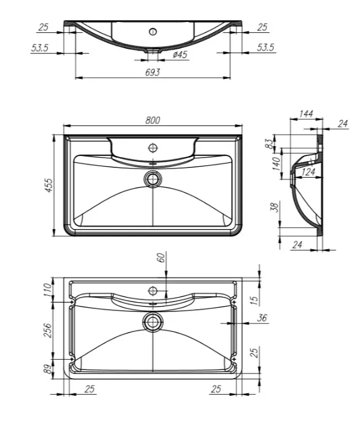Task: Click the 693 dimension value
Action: [152, 73]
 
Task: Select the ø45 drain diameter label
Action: [180, 55]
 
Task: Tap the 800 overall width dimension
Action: [153, 120]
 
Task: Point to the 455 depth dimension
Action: [49, 185]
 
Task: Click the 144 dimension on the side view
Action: [306, 113]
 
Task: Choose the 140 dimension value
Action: [276, 164]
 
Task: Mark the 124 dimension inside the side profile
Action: [308, 172]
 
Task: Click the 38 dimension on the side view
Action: [275, 207]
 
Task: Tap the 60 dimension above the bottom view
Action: [161, 257]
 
